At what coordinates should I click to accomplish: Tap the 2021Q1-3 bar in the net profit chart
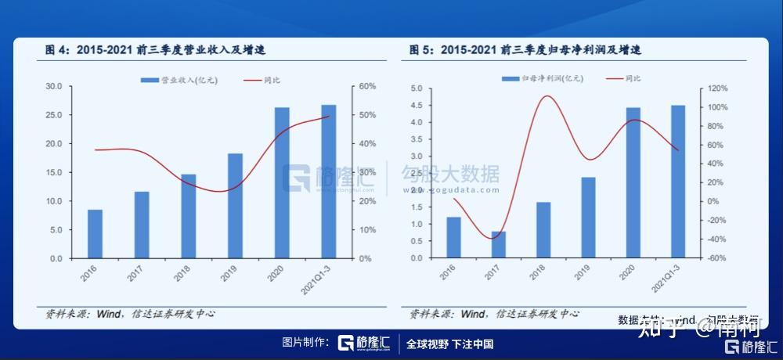[x=677, y=182]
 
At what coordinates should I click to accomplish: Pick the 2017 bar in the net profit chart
[x=499, y=245]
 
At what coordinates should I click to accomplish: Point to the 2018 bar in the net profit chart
[x=543, y=230]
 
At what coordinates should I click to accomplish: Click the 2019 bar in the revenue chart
[x=235, y=206]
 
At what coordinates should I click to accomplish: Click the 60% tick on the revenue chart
[x=366, y=86]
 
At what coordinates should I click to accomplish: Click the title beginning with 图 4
[x=156, y=50]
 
